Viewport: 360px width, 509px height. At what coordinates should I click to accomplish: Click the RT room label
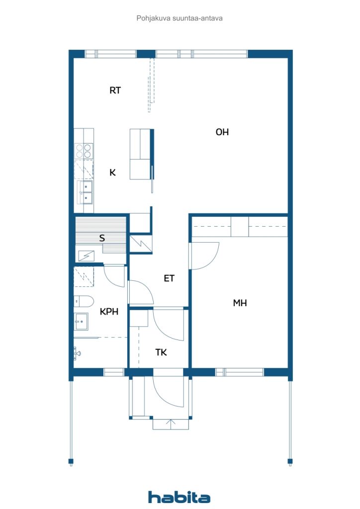click(115, 90)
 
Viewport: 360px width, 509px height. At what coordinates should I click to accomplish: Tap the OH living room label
click(222, 132)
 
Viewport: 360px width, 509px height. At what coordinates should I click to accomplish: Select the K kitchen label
click(113, 172)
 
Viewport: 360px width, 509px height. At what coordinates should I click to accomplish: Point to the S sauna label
click(102, 238)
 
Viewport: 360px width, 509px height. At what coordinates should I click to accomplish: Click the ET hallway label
click(169, 278)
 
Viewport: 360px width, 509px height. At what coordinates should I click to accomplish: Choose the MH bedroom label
click(240, 303)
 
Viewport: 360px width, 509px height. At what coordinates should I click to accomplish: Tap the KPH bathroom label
click(109, 312)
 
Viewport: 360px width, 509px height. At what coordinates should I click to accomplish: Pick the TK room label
click(161, 352)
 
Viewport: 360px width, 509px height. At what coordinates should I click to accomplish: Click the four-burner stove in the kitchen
click(84, 151)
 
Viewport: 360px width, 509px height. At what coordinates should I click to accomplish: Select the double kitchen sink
click(86, 192)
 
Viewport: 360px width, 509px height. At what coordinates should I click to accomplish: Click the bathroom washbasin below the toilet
click(81, 322)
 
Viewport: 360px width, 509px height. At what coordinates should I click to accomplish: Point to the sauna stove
click(86, 256)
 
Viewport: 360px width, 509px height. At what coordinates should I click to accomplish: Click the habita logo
click(179, 497)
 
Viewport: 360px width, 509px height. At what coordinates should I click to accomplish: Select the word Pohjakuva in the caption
click(153, 18)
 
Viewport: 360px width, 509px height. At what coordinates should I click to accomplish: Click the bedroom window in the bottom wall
click(240, 372)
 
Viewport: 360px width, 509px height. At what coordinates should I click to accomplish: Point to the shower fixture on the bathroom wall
click(77, 353)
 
